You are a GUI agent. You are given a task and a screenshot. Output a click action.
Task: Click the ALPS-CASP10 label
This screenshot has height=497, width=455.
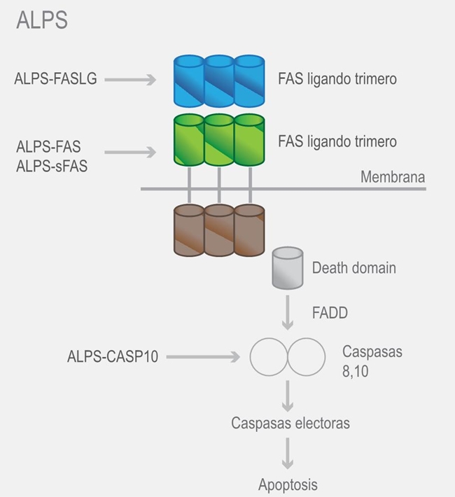pyautogui.click(x=113, y=356)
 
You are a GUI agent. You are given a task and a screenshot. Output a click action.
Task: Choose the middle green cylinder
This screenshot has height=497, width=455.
pyautogui.click(x=218, y=140)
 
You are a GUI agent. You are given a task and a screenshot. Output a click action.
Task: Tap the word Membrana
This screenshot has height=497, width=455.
pyautogui.click(x=392, y=177)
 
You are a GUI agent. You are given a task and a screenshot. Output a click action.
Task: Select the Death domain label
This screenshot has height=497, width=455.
pyautogui.click(x=353, y=267)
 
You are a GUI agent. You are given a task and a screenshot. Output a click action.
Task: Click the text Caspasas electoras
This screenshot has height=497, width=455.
pyautogui.click(x=290, y=423)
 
